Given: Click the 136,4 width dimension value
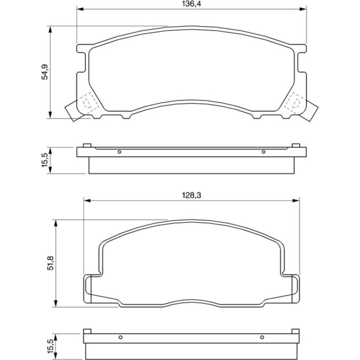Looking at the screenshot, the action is tap(192, 4).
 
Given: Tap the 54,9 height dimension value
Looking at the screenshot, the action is tap(45, 72).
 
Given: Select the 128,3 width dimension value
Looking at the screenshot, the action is tap(192, 195).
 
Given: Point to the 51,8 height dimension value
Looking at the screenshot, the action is tap(50, 263).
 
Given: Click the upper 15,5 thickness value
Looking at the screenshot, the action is tap(45, 160).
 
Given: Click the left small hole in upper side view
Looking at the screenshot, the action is tap(120, 152).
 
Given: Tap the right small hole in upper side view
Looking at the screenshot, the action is tap(264, 152).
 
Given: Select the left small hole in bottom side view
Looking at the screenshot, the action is tap(121, 337).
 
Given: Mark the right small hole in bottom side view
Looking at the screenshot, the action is tap(262, 337).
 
